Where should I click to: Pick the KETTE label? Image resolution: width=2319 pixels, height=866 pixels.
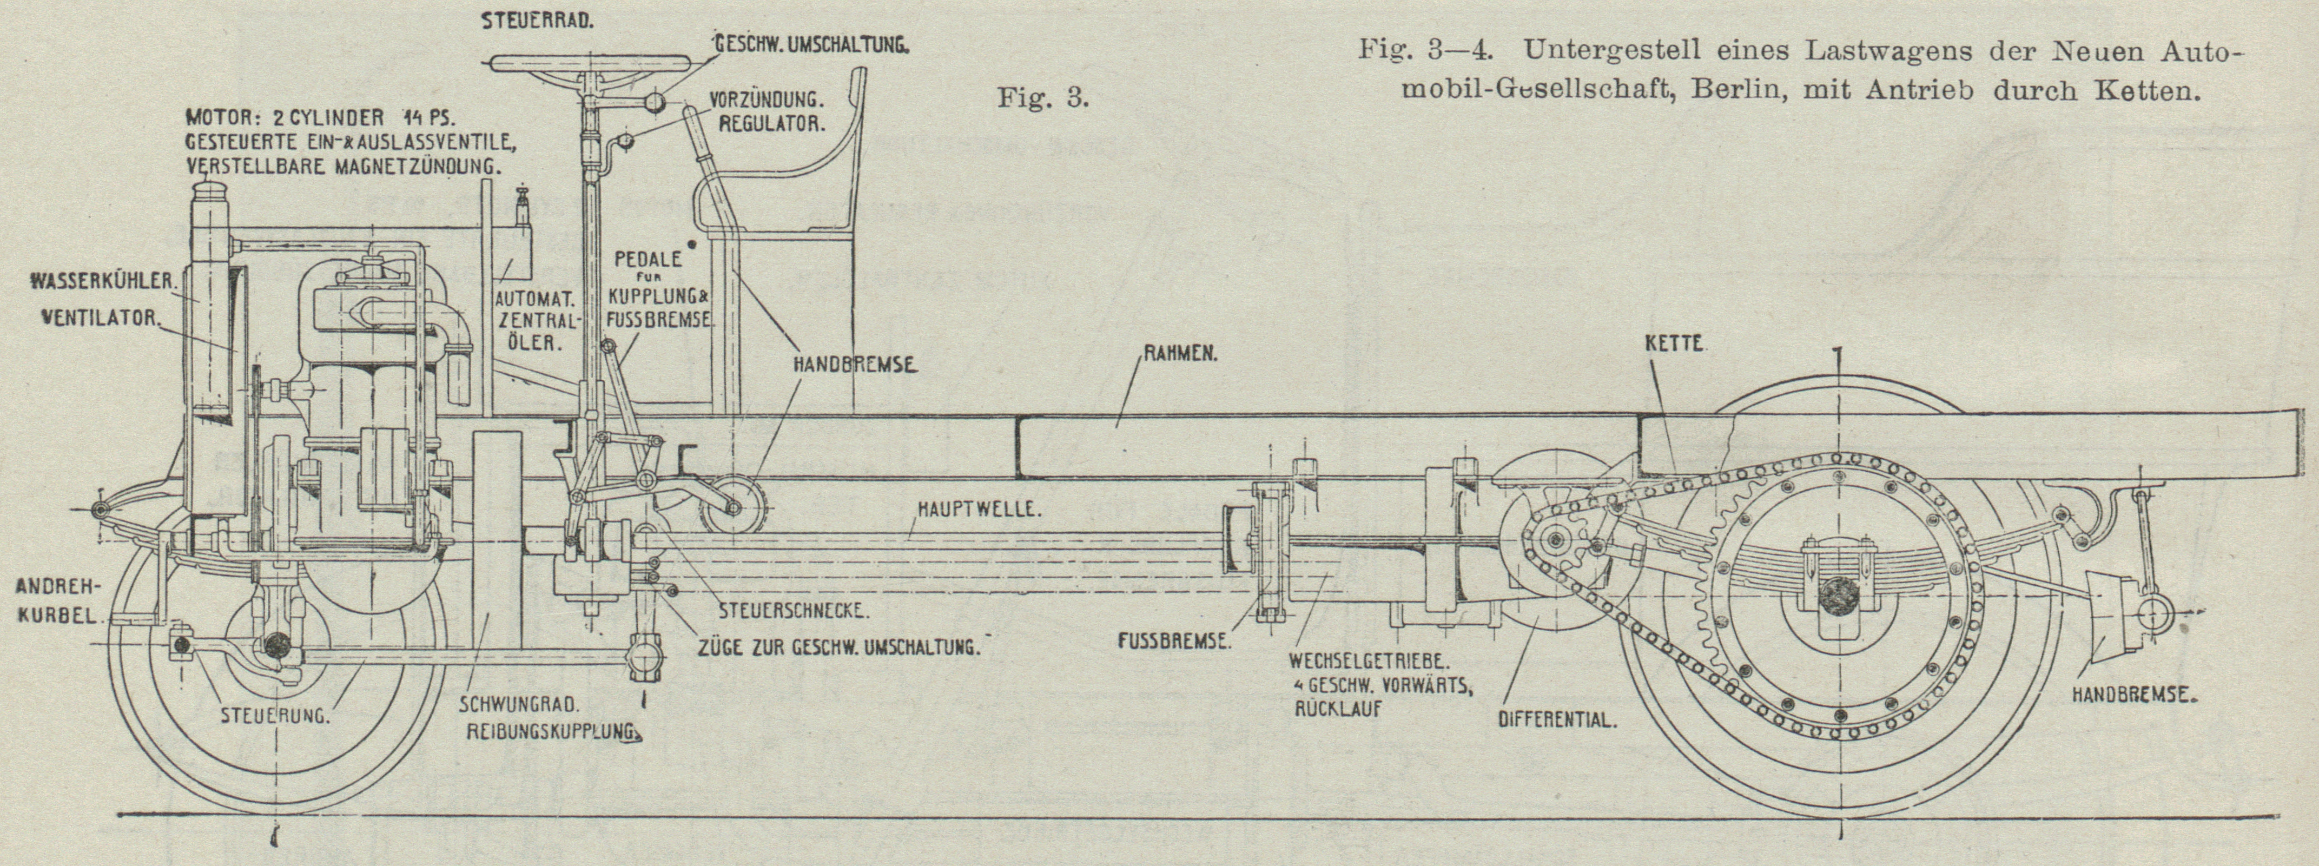click(x=1674, y=344)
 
